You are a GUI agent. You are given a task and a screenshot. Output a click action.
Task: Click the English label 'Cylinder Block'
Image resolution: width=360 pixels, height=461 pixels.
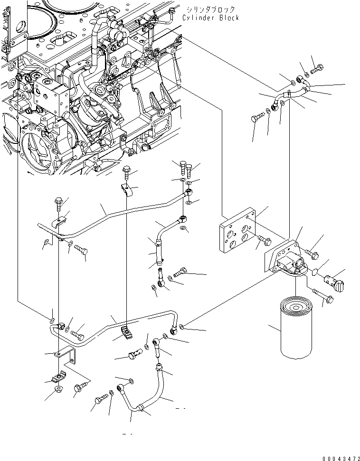click(210, 18)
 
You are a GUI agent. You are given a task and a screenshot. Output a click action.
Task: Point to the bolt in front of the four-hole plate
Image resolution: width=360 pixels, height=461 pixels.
click(263, 241)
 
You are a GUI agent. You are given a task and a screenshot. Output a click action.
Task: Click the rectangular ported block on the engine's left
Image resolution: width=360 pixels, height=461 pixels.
click(52, 101)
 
